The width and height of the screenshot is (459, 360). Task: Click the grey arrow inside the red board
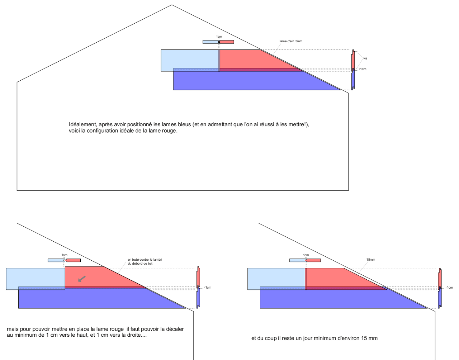click(82, 279)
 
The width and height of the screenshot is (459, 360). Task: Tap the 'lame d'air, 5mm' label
click(291, 41)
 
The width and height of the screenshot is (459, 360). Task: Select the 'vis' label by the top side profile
click(365, 58)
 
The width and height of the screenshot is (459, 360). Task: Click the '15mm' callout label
click(370, 260)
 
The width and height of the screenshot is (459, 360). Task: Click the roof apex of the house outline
click(172, 5)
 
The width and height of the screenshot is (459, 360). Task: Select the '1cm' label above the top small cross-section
click(219, 37)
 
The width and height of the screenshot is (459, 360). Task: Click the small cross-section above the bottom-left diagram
click(64, 260)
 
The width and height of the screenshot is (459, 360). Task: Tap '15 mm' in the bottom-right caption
click(370, 338)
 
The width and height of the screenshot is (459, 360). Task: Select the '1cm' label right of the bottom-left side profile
click(208, 288)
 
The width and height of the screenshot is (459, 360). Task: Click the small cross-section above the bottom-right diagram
click(305, 260)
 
